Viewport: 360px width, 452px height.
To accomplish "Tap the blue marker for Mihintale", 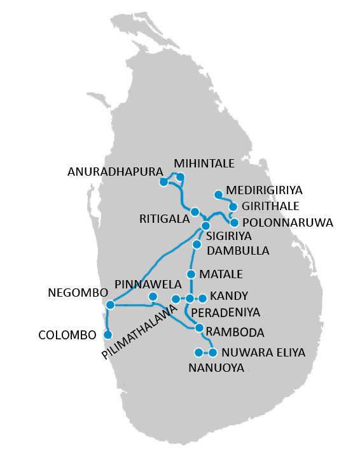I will pyautogui.click(x=180, y=177).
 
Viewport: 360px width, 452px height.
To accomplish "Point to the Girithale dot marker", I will pyautogui.click(x=233, y=207).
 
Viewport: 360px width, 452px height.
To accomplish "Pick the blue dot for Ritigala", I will pyautogui.click(x=195, y=212).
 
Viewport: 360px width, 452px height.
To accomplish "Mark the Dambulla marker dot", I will pyautogui.click(x=197, y=244).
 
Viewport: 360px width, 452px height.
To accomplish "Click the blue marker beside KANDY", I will pyautogui.click(x=202, y=297).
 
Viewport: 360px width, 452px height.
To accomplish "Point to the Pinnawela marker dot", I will pyautogui.click(x=153, y=297).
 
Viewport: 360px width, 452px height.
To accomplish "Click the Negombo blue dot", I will pyautogui.click(x=110, y=305).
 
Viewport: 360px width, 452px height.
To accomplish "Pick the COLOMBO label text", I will pyautogui.click(x=67, y=334).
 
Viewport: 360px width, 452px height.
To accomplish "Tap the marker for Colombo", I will pyautogui.click(x=107, y=334).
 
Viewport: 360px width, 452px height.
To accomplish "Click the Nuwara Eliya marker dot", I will pyautogui.click(x=212, y=352).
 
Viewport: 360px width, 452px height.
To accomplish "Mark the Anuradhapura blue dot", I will pyautogui.click(x=163, y=182).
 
